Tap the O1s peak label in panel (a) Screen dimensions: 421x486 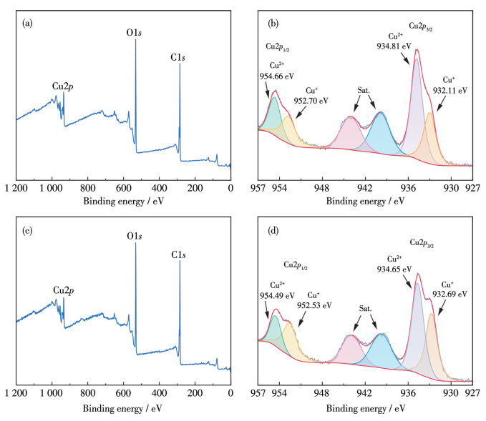pos(134,32)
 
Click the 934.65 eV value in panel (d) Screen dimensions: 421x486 pos(396,269)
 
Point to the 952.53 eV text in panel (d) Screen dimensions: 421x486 pos(315,304)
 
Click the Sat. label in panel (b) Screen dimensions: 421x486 pos(364,92)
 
